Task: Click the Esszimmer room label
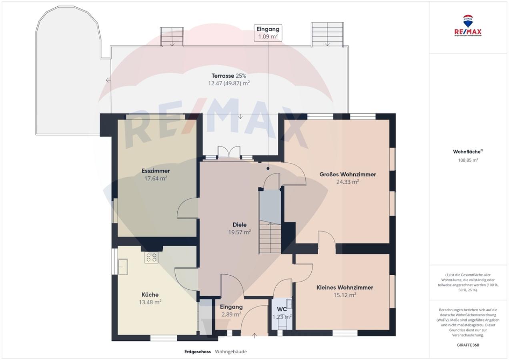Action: click(x=156, y=171)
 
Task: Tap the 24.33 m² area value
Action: click(x=348, y=182)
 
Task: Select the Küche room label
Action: click(x=150, y=294)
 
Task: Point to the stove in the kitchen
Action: click(x=152, y=258)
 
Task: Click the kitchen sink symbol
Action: click(x=123, y=267)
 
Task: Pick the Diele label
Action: click(x=240, y=225)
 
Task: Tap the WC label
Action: click(x=282, y=309)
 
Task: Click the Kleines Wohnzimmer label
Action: click(x=345, y=287)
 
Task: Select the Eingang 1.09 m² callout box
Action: click(x=268, y=33)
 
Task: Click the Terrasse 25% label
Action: click(x=229, y=76)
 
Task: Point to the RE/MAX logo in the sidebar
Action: click(x=468, y=26)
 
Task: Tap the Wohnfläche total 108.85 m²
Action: click(x=468, y=160)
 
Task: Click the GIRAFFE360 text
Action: click(x=468, y=345)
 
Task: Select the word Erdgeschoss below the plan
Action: click(x=197, y=352)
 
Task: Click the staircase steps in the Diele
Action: click(x=270, y=238)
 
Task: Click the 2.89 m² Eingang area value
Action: click(x=231, y=314)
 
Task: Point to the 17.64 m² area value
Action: click(x=156, y=178)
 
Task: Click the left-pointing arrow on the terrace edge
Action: click(x=108, y=80)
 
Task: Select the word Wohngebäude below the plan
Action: click(x=231, y=352)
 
